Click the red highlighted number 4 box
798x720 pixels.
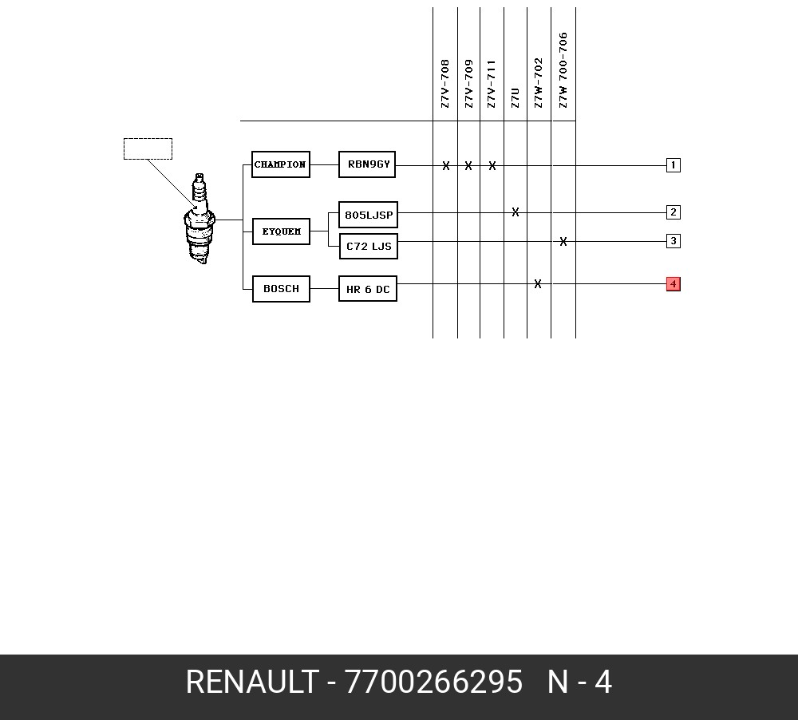click(674, 284)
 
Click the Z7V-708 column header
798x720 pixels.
click(444, 84)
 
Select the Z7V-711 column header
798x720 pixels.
click(491, 84)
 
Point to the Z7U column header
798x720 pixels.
click(515, 97)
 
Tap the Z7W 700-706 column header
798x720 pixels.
click(563, 70)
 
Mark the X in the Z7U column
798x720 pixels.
click(516, 212)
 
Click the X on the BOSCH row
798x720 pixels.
click(538, 283)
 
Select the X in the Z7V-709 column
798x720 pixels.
click(468, 165)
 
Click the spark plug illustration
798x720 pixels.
click(199, 219)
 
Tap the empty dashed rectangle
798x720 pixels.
click(148, 139)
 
